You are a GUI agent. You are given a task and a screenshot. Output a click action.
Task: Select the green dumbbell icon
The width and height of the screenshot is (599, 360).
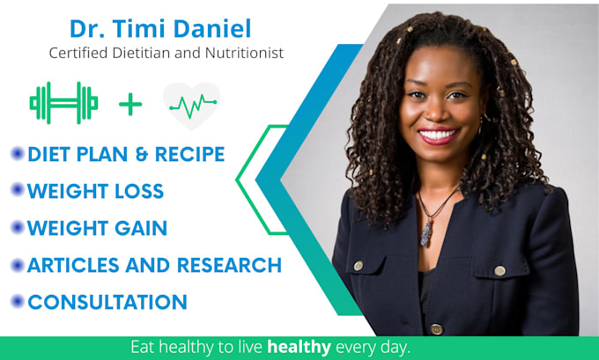click(x=63, y=103)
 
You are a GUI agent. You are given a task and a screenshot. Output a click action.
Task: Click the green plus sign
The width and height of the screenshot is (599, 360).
click(x=130, y=105)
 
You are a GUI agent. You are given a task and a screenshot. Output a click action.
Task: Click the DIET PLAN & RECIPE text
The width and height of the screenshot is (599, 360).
click(x=126, y=154)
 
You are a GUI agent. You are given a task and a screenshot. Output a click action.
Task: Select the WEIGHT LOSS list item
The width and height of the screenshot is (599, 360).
click(x=95, y=191)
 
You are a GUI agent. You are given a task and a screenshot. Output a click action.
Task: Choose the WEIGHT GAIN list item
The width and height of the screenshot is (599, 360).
click(x=97, y=228)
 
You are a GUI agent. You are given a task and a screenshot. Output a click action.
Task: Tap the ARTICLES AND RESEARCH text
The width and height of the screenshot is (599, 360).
click(x=154, y=265)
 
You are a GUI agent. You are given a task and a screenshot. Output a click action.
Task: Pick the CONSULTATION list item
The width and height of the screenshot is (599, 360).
click(x=107, y=302)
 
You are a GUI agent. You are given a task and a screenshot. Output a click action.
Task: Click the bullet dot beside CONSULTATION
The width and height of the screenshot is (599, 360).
click(x=17, y=302)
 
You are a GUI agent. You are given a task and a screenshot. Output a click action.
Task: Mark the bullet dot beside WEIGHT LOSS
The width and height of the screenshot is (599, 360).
click(x=17, y=190)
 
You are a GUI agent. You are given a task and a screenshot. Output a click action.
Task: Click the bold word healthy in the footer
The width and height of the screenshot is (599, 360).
click(x=299, y=347)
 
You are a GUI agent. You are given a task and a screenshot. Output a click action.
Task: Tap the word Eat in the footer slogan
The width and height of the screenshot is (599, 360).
click(x=144, y=347)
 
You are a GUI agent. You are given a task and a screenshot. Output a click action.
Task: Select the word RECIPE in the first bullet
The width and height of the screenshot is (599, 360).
click(x=189, y=154)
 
